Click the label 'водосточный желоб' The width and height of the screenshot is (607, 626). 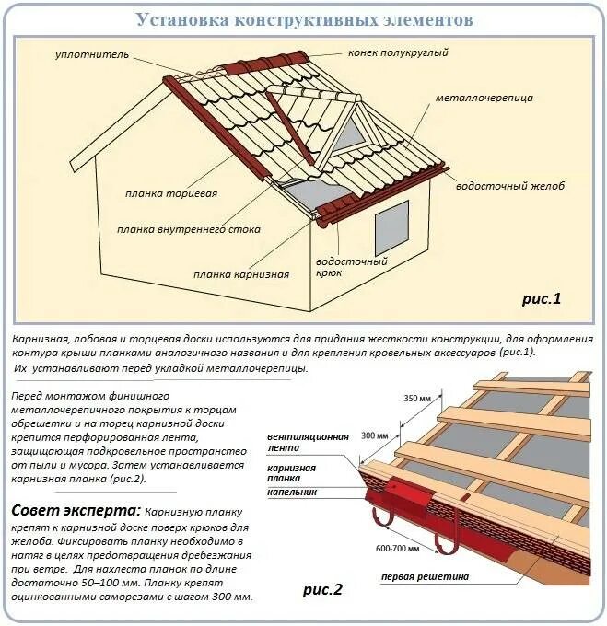[x=509, y=186]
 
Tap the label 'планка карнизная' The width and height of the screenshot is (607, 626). [x=240, y=274]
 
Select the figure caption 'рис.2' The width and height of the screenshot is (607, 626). [x=321, y=589]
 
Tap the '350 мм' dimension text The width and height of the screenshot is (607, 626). [x=418, y=399]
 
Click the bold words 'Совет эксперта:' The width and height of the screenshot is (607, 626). [x=76, y=510]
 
